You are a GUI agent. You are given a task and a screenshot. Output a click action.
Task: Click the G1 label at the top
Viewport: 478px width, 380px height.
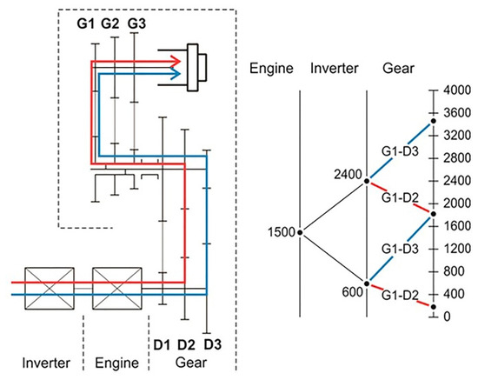pyautogui.click(x=84, y=23)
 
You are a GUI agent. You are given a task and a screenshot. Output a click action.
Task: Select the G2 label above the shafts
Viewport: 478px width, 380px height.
pyautogui.click(x=110, y=23)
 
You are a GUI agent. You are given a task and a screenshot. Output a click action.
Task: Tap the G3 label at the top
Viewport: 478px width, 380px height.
pyautogui.click(x=136, y=23)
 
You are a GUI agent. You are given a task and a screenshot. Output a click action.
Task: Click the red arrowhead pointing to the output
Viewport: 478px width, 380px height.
pyautogui.click(x=176, y=61)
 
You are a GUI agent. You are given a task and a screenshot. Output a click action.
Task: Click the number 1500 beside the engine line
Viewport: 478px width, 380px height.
pyautogui.click(x=281, y=233)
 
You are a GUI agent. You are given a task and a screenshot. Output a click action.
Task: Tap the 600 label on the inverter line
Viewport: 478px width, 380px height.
pyautogui.click(x=352, y=293)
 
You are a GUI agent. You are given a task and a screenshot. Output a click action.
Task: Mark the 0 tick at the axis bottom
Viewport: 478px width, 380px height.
pyautogui.click(x=446, y=317)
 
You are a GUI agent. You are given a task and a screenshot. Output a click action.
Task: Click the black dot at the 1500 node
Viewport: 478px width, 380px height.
pyautogui.click(x=299, y=232)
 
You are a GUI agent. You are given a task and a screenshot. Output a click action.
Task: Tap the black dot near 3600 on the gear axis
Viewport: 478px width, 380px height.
pyautogui.click(x=432, y=119)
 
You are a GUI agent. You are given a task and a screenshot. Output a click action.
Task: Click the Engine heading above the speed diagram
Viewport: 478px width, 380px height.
pyautogui.click(x=269, y=67)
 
